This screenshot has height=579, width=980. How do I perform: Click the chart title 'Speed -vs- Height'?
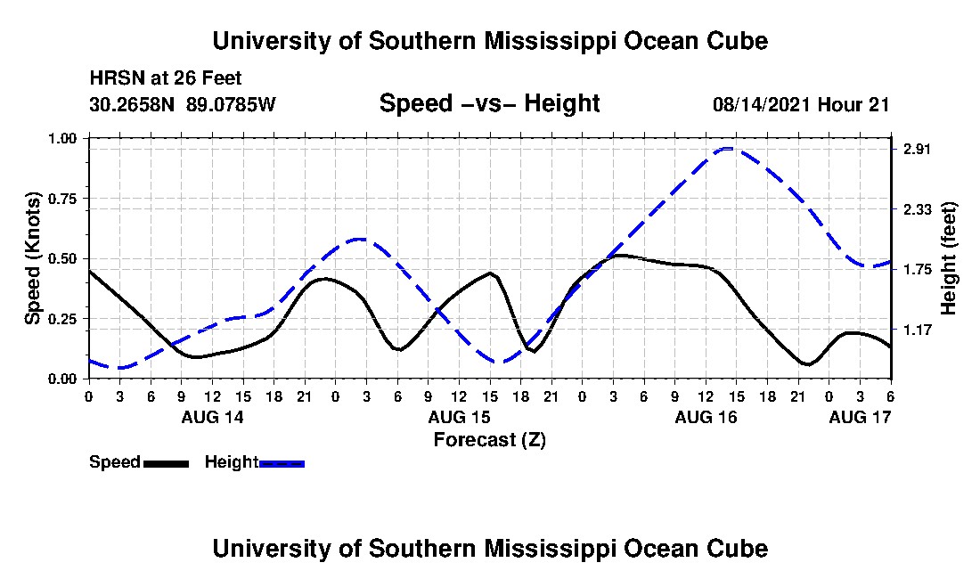pyautogui.click(x=489, y=103)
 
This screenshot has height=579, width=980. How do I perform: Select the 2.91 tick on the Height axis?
pyautogui.click(x=917, y=150)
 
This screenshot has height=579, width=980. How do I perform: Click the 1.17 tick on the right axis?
pyautogui.click(x=917, y=330)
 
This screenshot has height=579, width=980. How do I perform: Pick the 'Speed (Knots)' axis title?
pyautogui.click(x=33, y=257)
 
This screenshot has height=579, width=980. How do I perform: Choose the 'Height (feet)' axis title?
pyautogui.click(x=948, y=257)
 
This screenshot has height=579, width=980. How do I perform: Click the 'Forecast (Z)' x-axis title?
pyautogui.click(x=489, y=439)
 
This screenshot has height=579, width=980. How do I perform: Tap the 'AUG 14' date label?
pyautogui.click(x=212, y=417)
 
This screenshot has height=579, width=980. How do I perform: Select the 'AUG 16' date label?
pyautogui.click(x=706, y=417)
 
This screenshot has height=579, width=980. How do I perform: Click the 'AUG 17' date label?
pyautogui.click(x=860, y=417)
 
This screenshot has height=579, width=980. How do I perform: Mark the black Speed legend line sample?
pyautogui.click(x=166, y=463)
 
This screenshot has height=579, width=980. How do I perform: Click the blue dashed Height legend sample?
pyautogui.click(x=282, y=463)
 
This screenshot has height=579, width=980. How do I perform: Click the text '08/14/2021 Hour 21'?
pyautogui.click(x=801, y=104)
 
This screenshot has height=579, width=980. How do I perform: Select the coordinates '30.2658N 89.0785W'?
pyautogui.click(x=183, y=104)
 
